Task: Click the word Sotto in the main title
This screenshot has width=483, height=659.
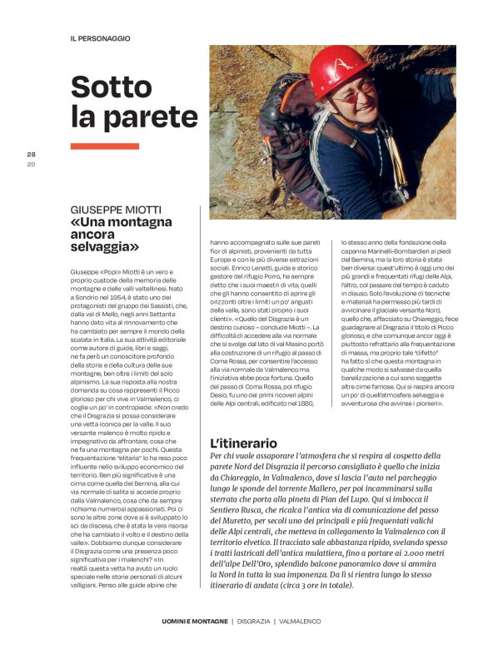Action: [x=116, y=88]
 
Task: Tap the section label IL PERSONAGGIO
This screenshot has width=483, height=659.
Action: [x=100, y=38]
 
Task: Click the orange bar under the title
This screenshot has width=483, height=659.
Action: [x=104, y=146]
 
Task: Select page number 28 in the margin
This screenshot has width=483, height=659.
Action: [x=32, y=154]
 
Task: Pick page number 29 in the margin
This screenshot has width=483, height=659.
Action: [x=32, y=163]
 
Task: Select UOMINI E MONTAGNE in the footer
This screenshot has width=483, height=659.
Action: [x=194, y=621]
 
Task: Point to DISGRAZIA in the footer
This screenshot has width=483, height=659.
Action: [x=255, y=621]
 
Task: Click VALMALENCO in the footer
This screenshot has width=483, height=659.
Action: [x=301, y=621]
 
